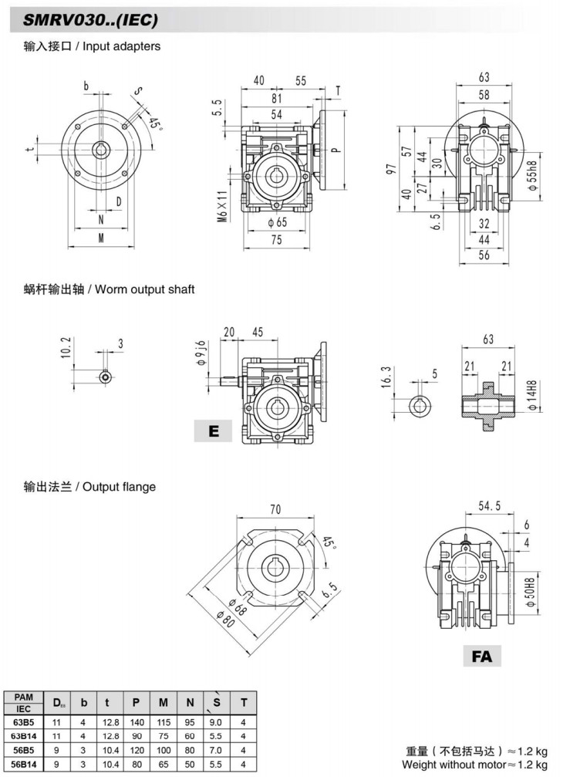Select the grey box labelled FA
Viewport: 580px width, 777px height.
[482, 657]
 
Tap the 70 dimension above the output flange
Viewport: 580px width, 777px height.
[275, 508]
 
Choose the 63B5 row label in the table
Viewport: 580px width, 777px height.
[24, 722]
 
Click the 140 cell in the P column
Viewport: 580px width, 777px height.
[136, 722]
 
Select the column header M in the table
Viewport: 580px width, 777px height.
[163, 701]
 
